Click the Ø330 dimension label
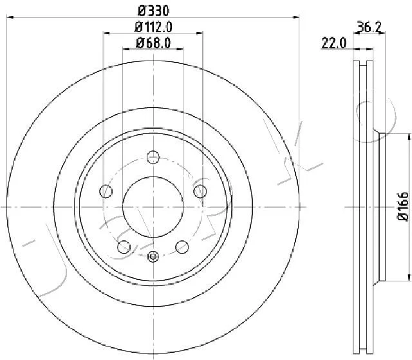[x=153, y=11]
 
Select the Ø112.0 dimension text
[x=153, y=27]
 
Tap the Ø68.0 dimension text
[x=153, y=43]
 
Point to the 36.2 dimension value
[x=369, y=26]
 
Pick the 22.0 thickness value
[x=334, y=43]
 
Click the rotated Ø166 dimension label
[x=403, y=206]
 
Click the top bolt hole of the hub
[x=153, y=157]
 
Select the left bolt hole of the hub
[x=106, y=191]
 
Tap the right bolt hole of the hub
[x=200, y=191]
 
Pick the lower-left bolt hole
[x=124, y=247]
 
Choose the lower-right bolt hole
[x=182, y=247]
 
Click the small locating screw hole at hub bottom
[x=153, y=256]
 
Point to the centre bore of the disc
[x=153, y=207]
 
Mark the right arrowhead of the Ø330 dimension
[x=296, y=17]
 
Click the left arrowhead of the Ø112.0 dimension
[x=106, y=33]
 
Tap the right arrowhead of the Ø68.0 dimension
[x=180, y=48]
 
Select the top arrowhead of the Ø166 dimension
[x=409, y=137]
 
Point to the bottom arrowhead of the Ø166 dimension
[x=409, y=277]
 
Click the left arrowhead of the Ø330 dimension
[x=10, y=17]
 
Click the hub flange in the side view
[x=382, y=207]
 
